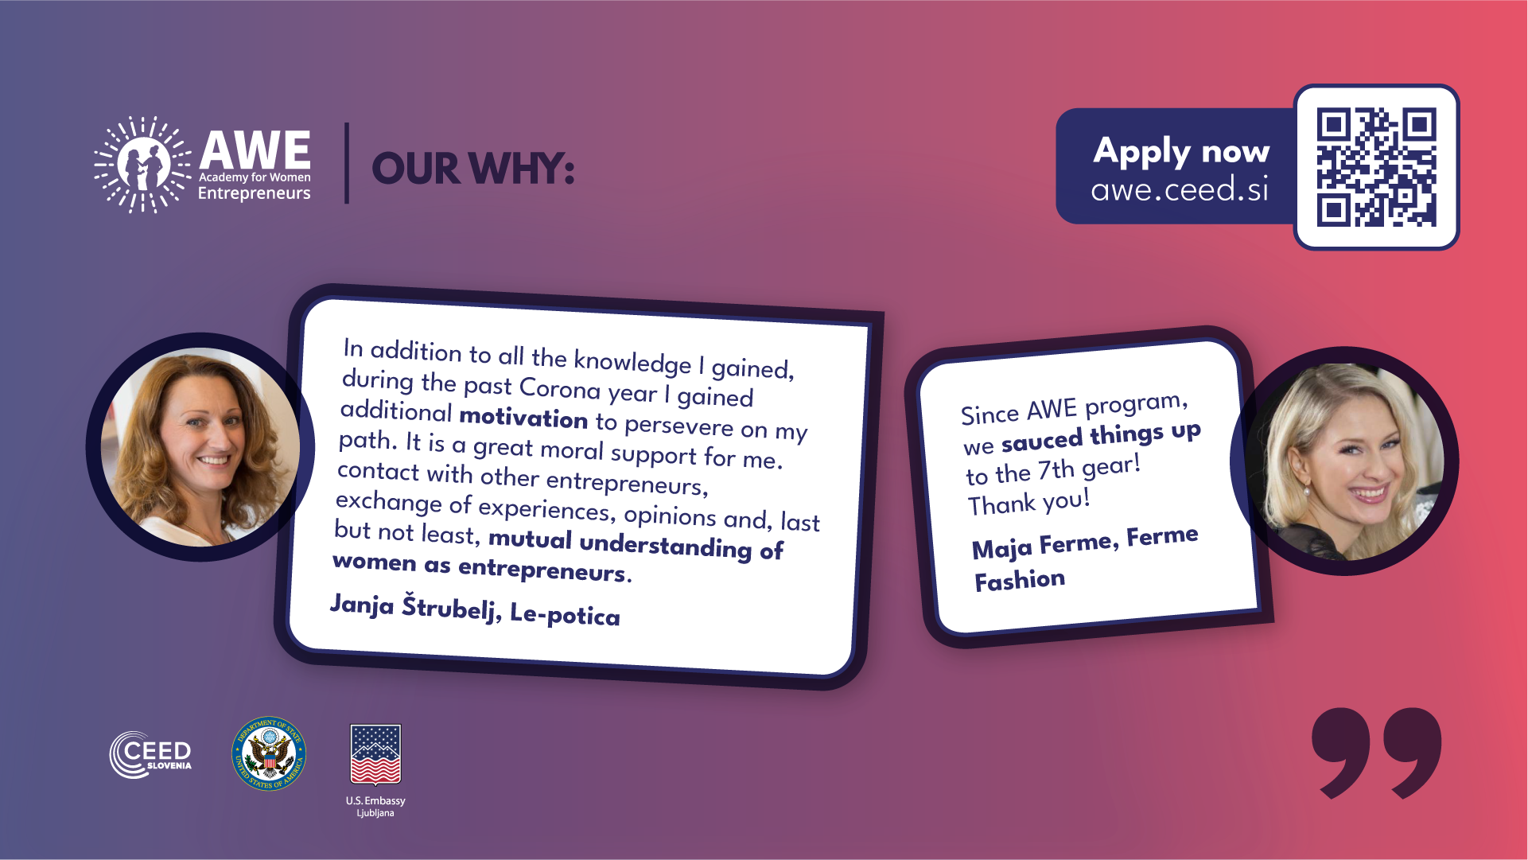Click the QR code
(1376, 167)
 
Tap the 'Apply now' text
(1181, 151)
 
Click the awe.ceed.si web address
(1180, 189)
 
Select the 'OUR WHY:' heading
(472, 169)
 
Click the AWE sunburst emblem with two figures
(142, 165)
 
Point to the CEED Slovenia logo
(150, 754)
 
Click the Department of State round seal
(269, 754)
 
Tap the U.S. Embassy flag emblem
(375, 754)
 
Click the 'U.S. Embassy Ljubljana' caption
(375, 806)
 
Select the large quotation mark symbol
(1377, 752)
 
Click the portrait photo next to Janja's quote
(200, 447)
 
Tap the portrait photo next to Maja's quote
(1344, 461)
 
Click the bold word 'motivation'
(523, 418)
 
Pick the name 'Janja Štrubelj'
(415, 608)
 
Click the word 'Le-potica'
(565, 614)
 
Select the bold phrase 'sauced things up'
(1101, 436)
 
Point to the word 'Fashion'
(1020, 580)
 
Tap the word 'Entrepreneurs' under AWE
(254, 193)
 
